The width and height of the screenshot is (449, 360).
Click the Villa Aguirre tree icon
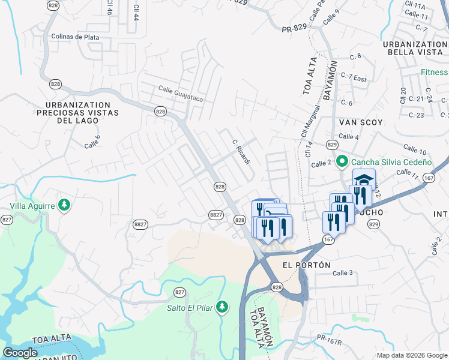pos(64,206)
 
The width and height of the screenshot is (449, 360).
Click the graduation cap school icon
pos(364,180)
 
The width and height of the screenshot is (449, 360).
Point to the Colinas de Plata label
pos(75,37)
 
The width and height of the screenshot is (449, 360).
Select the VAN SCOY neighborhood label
pos(361,122)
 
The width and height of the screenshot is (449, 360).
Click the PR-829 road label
pos(295,28)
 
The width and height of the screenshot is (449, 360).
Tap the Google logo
pos(20,353)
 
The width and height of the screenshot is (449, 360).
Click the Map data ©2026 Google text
pos(411,355)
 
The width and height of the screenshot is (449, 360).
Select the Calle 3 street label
pos(342,273)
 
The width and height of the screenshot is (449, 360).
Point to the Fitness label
pos(434,72)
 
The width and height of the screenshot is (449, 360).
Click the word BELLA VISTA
pos(415,53)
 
